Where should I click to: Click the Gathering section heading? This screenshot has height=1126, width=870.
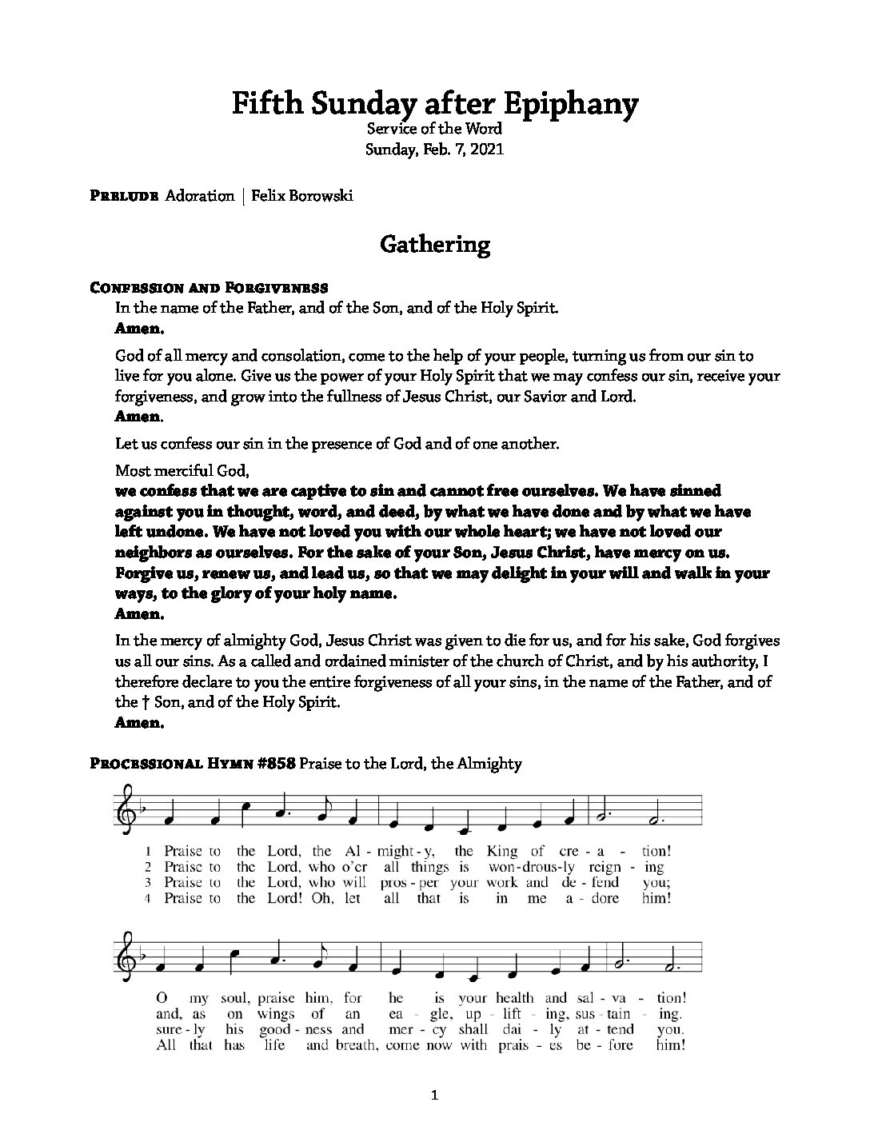[434, 244]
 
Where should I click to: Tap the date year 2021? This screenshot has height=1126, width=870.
[487, 149]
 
